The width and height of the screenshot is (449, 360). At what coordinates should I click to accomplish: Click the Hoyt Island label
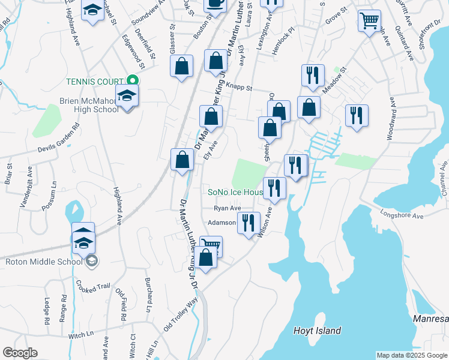317,331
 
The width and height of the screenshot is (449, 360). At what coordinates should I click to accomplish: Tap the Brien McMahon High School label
89,105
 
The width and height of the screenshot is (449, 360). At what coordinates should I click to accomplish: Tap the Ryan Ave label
228,208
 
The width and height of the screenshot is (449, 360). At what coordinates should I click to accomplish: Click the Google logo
20,353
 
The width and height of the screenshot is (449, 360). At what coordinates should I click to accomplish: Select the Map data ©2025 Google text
412,355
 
